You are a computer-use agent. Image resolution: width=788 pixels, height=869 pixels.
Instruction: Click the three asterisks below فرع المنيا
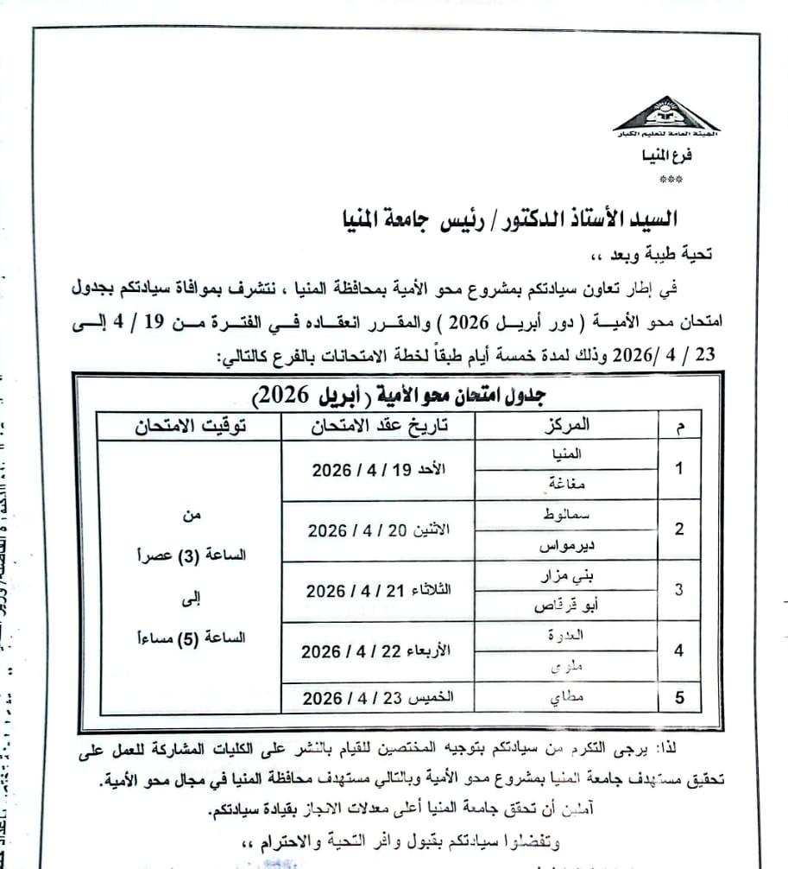tap(671, 181)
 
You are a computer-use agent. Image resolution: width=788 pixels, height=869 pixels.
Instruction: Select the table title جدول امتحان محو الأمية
tap(402, 396)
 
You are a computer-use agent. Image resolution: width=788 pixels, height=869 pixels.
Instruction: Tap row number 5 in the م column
tap(679, 697)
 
